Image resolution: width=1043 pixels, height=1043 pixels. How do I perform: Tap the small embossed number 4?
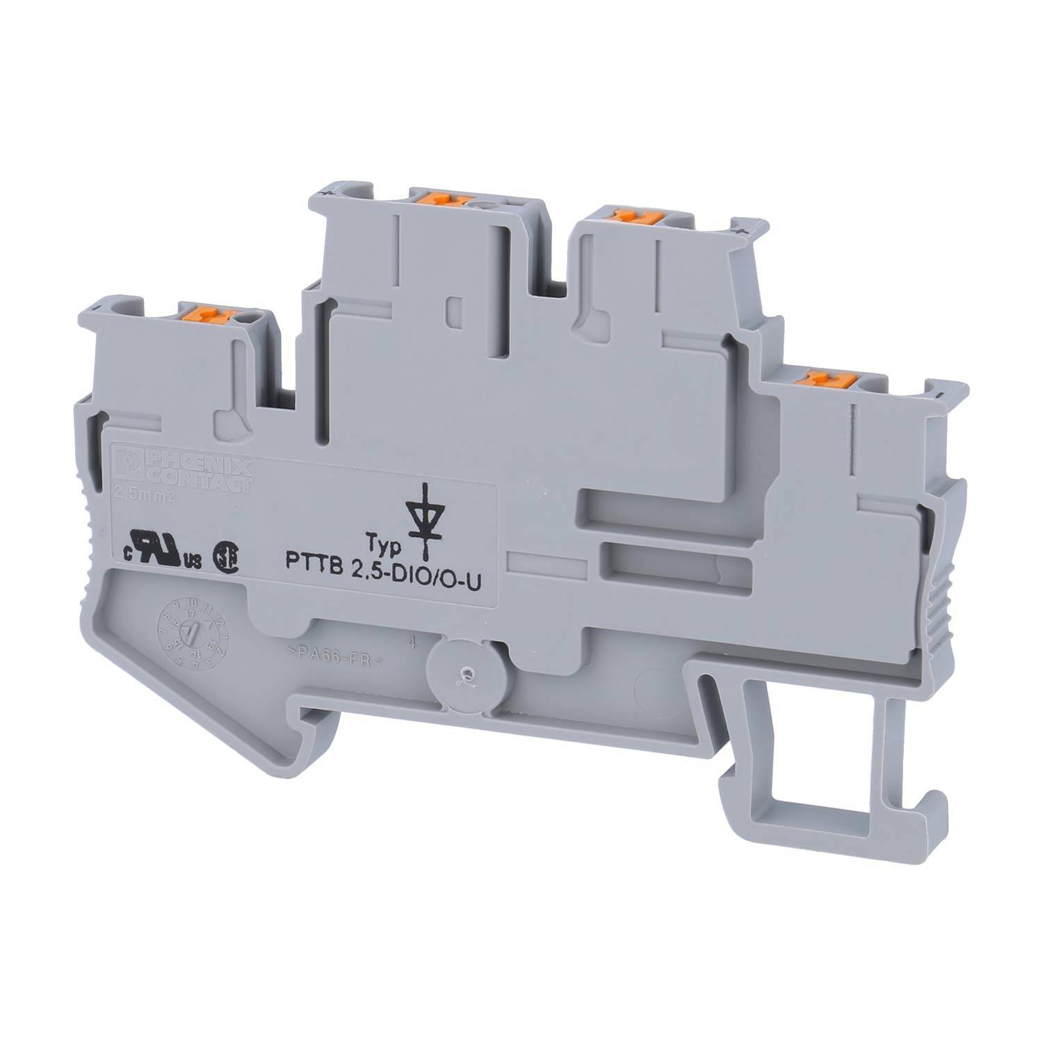(x=414, y=643)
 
